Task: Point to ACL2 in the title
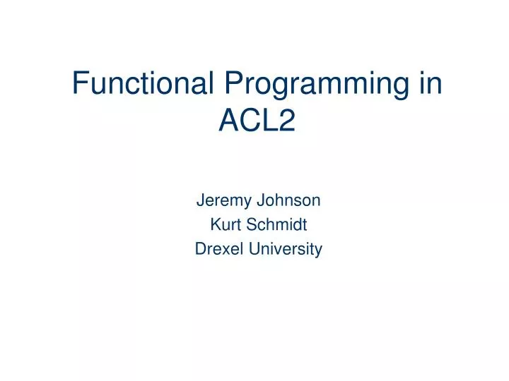click(x=257, y=122)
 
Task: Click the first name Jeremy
click(x=218, y=201)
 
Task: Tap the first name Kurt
click(x=223, y=225)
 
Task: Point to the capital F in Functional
click(x=80, y=85)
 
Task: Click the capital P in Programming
click(x=235, y=85)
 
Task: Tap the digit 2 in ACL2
click(x=286, y=122)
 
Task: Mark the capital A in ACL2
click(x=229, y=122)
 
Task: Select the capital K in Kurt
click(x=215, y=225)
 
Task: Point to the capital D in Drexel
click(x=199, y=249)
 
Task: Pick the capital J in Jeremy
click(x=199, y=201)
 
